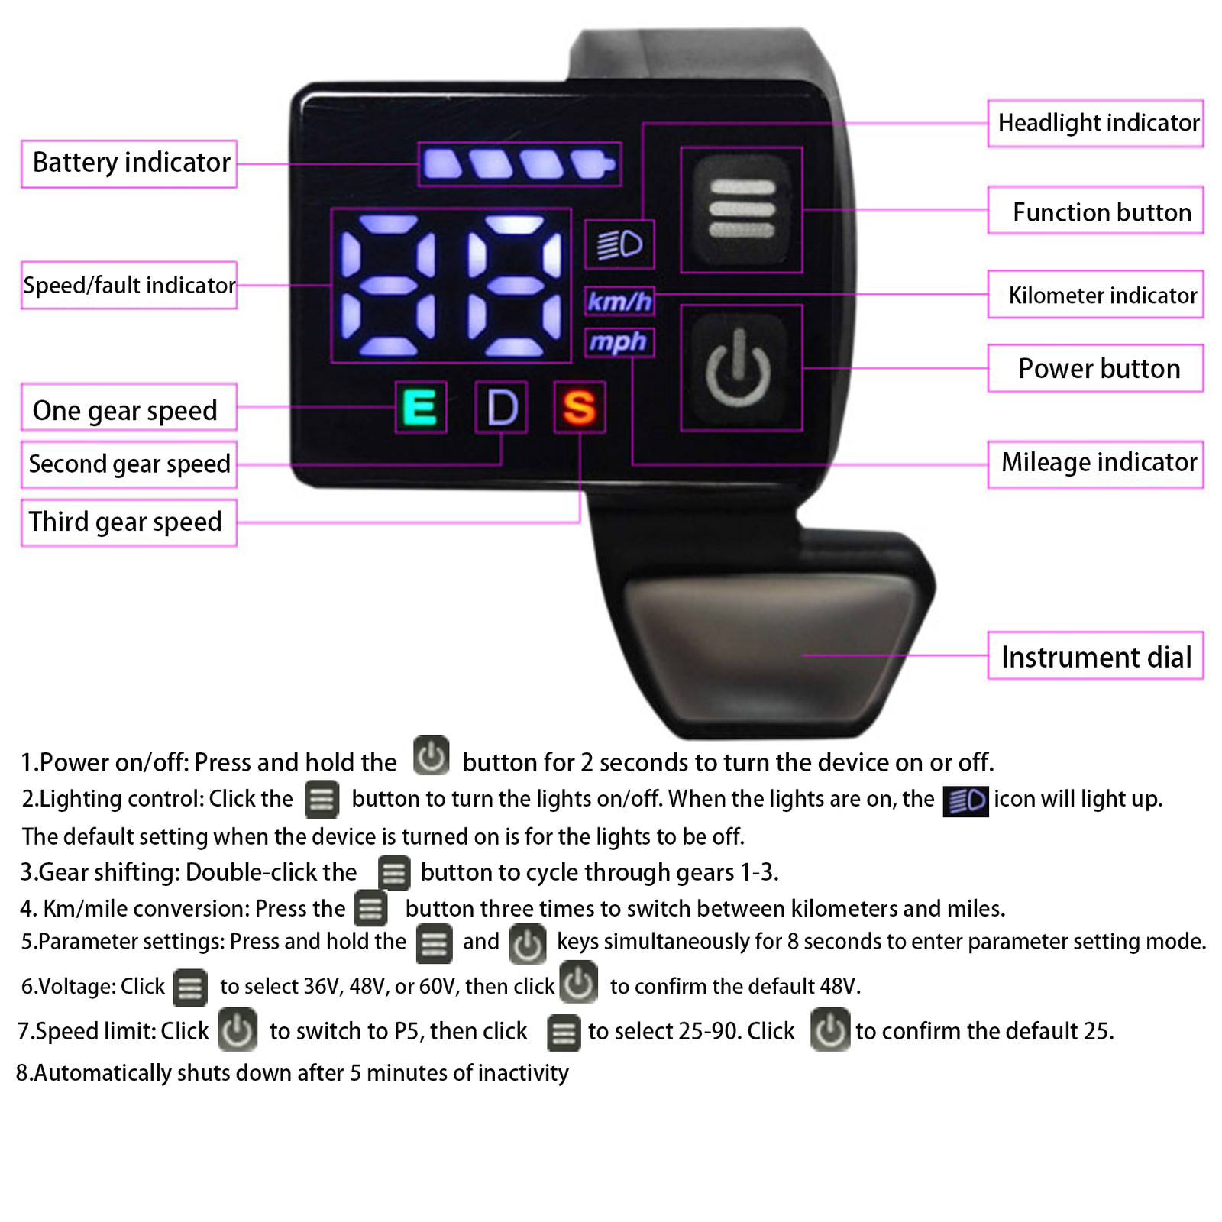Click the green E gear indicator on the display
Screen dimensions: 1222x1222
(420, 407)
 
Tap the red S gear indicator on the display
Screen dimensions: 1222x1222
(579, 407)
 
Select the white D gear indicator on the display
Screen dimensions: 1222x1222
(501, 407)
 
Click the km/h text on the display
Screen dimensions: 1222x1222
(619, 302)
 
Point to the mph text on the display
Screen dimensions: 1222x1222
(619, 341)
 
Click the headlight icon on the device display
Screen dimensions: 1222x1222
(619, 244)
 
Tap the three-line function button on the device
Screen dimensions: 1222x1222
(741, 209)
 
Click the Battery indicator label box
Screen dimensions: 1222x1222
(130, 163)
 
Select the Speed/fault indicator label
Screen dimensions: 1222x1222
(130, 286)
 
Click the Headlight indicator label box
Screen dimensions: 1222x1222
(1096, 123)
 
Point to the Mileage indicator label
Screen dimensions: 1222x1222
(1096, 464)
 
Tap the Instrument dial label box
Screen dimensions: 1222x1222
(1096, 656)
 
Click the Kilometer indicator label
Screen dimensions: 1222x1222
(1096, 295)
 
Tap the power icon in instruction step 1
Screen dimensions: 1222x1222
(431, 756)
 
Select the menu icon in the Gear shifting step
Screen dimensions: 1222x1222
(394, 873)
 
